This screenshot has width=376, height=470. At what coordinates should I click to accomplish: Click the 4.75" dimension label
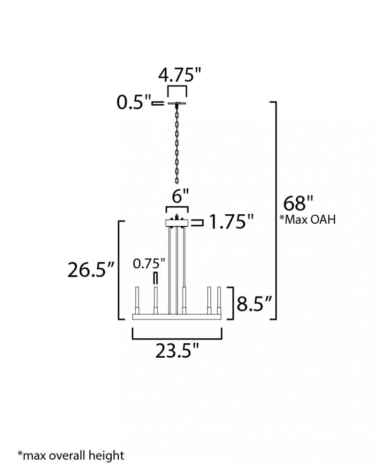pos(180,75)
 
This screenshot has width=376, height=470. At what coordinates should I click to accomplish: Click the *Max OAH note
pos(307,219)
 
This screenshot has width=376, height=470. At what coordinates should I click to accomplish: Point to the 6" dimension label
pos(181,196)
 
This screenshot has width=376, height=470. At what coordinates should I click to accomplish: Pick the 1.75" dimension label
pos(231,222)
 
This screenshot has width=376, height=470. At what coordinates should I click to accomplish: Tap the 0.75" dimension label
pos(149,264)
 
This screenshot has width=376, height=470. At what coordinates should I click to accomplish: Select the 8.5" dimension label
pos(254,304)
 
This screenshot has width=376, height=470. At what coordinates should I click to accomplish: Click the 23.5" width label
pos(177,351)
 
